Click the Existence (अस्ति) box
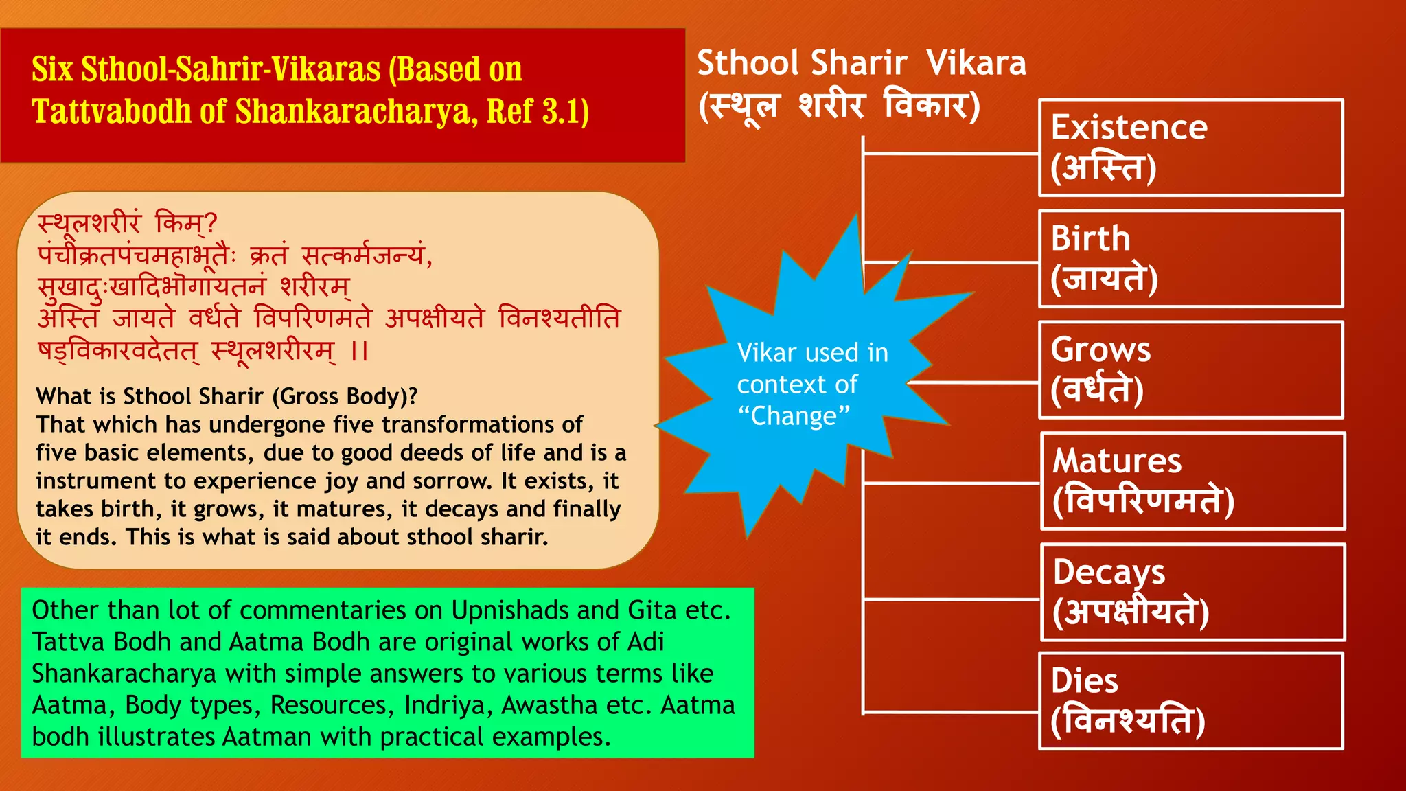point(1190,148)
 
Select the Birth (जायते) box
point(1190,259)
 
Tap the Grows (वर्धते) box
point(1190,370)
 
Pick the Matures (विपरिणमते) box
point(1192,481)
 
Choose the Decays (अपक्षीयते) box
point(1192,592)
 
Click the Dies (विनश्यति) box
point(1190,701)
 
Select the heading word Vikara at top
point(976,63)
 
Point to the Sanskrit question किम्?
point(185,223)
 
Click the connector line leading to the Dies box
point(951,712)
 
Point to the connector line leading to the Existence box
point(951,154)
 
